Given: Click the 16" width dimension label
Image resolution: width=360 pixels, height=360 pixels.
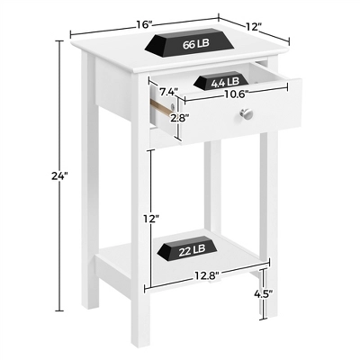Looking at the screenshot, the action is [146, 24].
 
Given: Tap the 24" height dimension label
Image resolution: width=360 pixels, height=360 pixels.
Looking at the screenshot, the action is [59, 175].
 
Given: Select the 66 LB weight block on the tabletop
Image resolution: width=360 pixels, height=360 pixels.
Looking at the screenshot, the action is [190, 43].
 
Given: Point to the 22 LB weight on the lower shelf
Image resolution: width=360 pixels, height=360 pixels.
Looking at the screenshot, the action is [189, 248].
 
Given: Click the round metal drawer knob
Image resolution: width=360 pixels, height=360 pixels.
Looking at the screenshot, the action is [247, 114].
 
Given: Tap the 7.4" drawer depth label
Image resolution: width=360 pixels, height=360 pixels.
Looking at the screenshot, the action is [168, 92].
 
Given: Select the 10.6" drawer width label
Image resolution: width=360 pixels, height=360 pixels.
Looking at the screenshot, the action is [235, 94].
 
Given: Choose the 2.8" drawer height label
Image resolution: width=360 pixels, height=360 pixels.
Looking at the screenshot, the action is [180, 118].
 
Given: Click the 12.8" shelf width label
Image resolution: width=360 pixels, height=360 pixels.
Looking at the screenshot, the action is [207, 274].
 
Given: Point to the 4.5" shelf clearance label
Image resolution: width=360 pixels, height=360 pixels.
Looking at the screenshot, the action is [264, 294].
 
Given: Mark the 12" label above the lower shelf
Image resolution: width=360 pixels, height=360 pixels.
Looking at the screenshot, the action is [150, 219].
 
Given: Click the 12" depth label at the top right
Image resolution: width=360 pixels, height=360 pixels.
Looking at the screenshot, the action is [255, 27].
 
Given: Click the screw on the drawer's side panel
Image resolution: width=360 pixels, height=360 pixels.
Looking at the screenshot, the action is [172, 106].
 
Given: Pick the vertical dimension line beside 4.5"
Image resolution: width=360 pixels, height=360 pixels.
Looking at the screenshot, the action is [264, 293].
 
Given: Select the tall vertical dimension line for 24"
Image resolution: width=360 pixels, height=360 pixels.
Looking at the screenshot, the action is [59, 175].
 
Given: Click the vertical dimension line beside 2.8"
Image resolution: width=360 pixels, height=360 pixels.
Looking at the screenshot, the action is [179, 119].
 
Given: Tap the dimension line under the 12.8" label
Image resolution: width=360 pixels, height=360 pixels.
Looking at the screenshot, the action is [207, 275].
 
